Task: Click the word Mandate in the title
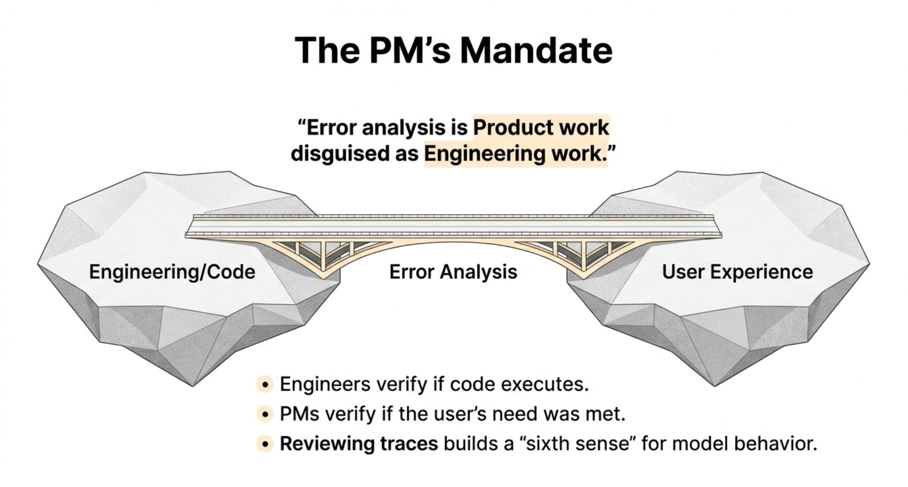tap(536, 50)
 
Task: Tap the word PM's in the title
tap(409, 50)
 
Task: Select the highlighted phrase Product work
tap(541, 127)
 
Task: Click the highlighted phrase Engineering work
tap(515, 154)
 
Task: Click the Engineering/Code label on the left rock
tap(172, 272)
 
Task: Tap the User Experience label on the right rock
tap(737, 272)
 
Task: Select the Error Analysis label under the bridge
tap(453, 272)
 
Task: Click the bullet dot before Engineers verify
tap(265, 384)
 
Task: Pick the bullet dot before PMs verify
tap(265, 414)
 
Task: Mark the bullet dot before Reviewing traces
tap(265, 443)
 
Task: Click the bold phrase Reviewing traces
tap(359, 443)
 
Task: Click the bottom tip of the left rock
tap(192, 385)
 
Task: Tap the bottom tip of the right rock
tap(715, 385)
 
